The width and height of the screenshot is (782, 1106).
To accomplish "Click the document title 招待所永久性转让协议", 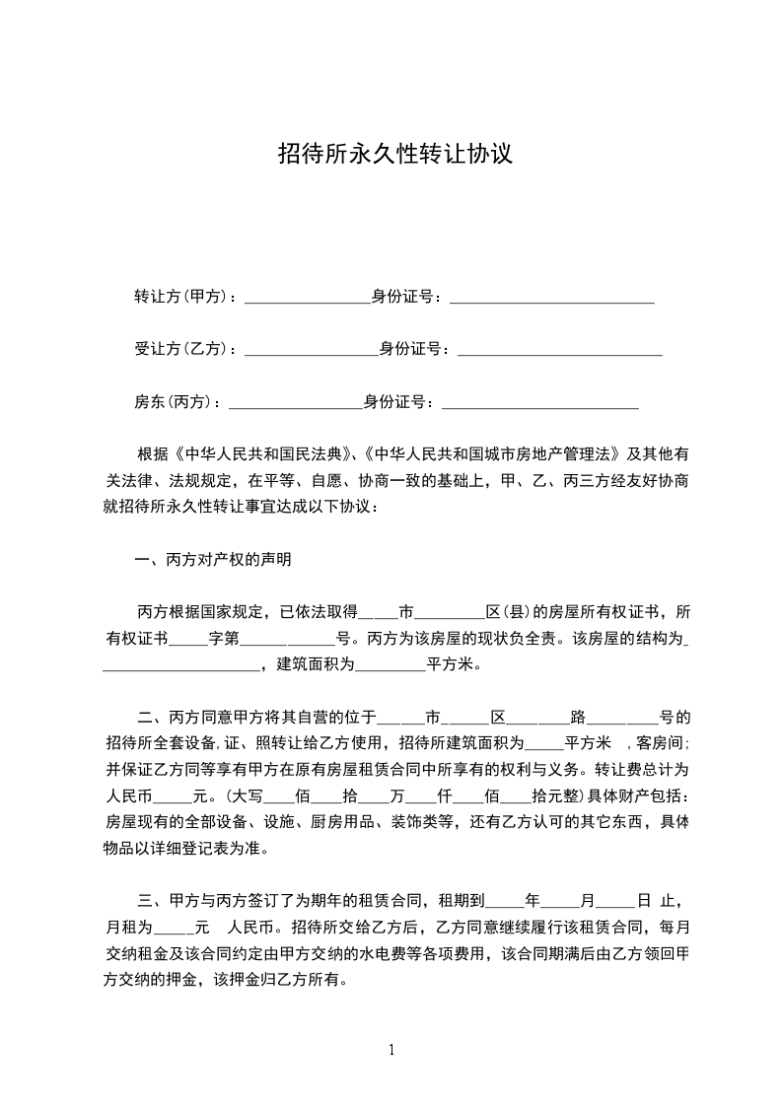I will [x=394, y=154].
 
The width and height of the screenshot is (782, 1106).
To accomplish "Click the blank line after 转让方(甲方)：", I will [x=307, y=297].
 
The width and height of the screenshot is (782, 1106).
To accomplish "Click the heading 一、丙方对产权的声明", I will [x=213, y=560].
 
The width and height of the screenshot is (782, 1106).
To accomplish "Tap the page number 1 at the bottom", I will [x=391, y=1051].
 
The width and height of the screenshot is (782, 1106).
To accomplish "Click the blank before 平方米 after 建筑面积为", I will [x=390, y=664].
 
